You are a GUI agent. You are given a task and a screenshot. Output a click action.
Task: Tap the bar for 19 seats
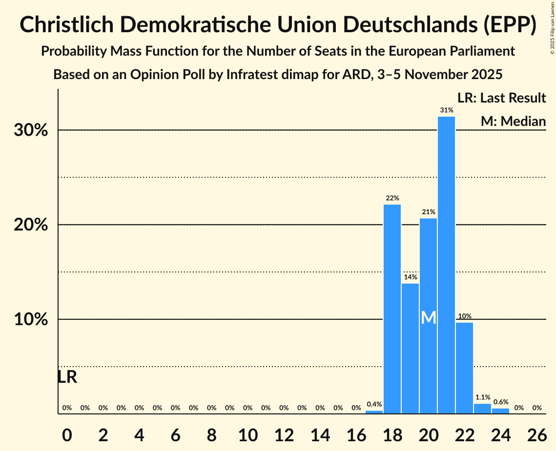point(410,348)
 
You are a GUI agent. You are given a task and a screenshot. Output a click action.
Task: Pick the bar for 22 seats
point(464,368)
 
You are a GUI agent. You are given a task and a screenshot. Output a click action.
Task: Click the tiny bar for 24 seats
point(500,411)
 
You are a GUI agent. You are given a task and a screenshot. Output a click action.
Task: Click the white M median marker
point(428,318)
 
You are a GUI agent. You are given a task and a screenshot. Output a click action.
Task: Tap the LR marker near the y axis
point(67,377)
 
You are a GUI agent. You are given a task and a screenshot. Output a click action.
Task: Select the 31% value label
point(446,110)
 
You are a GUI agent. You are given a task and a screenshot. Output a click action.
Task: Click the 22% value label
point(392,198)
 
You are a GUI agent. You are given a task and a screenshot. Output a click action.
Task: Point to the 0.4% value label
point(374,404)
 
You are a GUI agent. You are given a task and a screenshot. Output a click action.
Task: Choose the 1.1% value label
point(482,397)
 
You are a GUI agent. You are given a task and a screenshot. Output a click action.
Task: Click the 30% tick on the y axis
point(34,130)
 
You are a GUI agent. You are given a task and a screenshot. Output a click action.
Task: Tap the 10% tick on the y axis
point(34,319)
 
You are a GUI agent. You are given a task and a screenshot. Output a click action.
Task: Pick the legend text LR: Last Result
point(501,98)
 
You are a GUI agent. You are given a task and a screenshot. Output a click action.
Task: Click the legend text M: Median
point(513,121)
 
